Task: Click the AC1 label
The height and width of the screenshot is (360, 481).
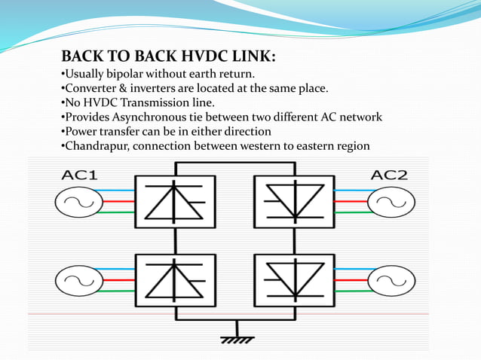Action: coord(78,175)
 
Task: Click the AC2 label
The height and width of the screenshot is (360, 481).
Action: coord(389,175)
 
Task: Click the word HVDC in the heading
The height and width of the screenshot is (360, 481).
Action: coord(201,57)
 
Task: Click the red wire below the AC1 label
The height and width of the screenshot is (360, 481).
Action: coord(113,202)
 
